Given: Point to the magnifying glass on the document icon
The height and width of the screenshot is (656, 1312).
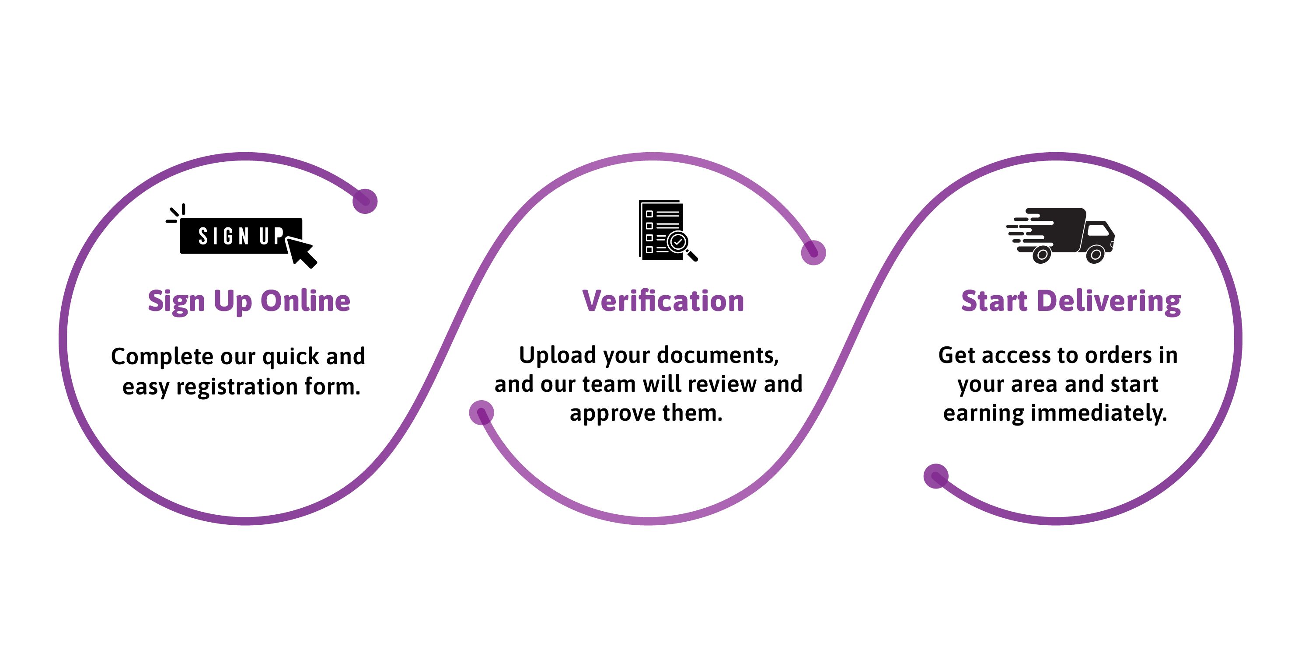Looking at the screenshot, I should pos(681,245).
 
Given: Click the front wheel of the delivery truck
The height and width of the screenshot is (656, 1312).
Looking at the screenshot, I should pos(1095,254).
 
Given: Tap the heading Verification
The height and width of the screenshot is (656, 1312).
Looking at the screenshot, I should pos(663,301).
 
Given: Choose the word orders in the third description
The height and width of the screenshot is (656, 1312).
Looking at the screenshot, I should pos(1118,355).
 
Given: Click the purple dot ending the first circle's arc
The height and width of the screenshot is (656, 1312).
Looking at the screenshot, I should pos(365,201).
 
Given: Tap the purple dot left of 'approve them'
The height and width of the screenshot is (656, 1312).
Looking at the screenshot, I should pos(482,412).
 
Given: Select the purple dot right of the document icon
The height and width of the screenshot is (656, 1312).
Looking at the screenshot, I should pos(813,253).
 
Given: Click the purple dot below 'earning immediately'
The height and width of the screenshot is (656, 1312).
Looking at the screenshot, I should pos(935,476).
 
